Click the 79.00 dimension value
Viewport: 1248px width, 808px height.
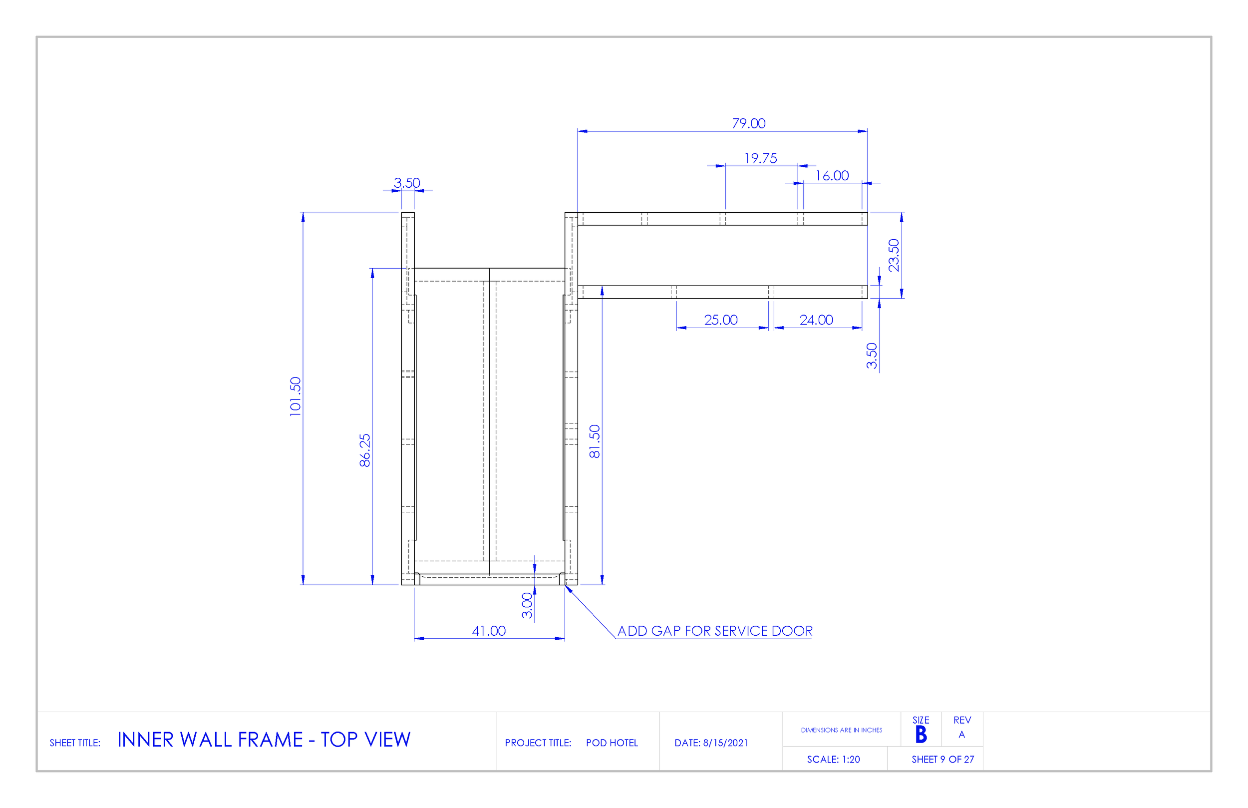click(748, 124)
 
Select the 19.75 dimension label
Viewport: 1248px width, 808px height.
click(760, 158)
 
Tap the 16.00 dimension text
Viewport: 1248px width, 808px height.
click(832, 176)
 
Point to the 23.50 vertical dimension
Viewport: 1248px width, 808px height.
click(894, 255)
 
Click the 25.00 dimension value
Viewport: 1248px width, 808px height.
click(720, 320)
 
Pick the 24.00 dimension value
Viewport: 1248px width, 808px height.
click(816, 320)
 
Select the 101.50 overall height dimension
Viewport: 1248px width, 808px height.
click(296, 397)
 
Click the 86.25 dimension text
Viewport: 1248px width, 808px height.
click(365, 450)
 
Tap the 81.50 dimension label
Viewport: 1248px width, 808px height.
click(594, 441)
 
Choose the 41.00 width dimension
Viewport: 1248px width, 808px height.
click(489, 631)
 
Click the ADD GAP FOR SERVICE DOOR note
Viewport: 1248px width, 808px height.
click(715, 631)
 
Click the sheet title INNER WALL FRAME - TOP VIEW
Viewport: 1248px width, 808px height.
click(264, 740)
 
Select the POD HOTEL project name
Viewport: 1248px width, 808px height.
click(612, 743)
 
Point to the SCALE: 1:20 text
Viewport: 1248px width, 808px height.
click(833, 759)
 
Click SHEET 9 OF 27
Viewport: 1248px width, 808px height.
click(942, 759)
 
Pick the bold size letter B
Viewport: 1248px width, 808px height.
click(921, 735)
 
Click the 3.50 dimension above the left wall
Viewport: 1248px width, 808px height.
click(407, 183)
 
